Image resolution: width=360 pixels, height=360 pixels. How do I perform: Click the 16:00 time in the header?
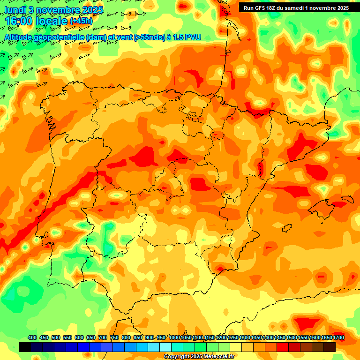pos(19,21)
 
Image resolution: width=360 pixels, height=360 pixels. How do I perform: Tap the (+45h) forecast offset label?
pos(82,21)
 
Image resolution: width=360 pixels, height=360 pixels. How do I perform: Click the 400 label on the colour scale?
pos(32,337)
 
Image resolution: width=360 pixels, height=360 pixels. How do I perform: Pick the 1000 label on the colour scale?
pos(174,337)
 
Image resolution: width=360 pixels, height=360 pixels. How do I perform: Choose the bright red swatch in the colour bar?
pos(283,347)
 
